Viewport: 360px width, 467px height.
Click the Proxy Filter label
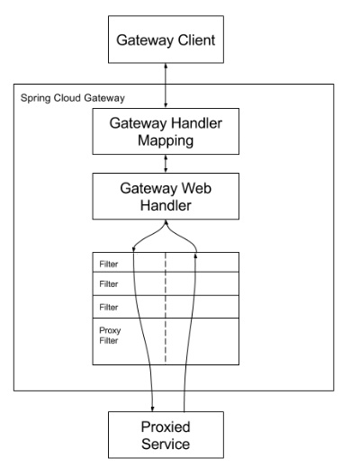[x=110, y=336]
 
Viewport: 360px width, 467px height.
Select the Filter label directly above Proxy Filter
[x=109, y=306]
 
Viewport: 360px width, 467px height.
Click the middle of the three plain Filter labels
[x=109, y=286]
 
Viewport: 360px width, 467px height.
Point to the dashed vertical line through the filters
[x=165, y=315]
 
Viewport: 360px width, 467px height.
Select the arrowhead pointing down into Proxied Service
[x=153, y=406]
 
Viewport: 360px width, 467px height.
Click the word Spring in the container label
[x=33, y=95]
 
